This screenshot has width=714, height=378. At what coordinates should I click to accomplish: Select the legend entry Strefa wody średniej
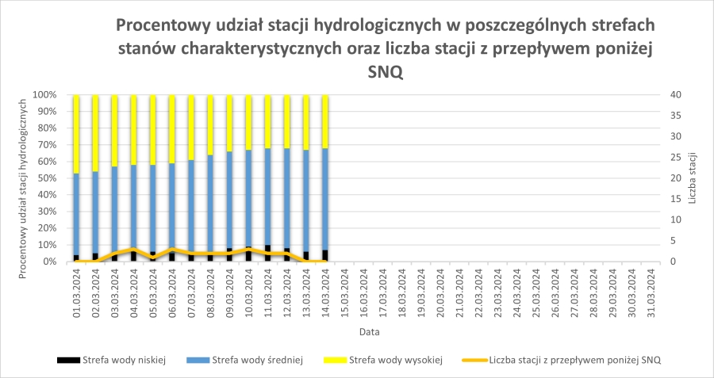245,360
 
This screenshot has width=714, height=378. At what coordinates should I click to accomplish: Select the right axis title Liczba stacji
693,178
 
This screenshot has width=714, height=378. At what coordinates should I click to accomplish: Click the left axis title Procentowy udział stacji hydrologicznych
24,178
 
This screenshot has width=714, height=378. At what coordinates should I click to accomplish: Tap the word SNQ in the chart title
386,71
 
